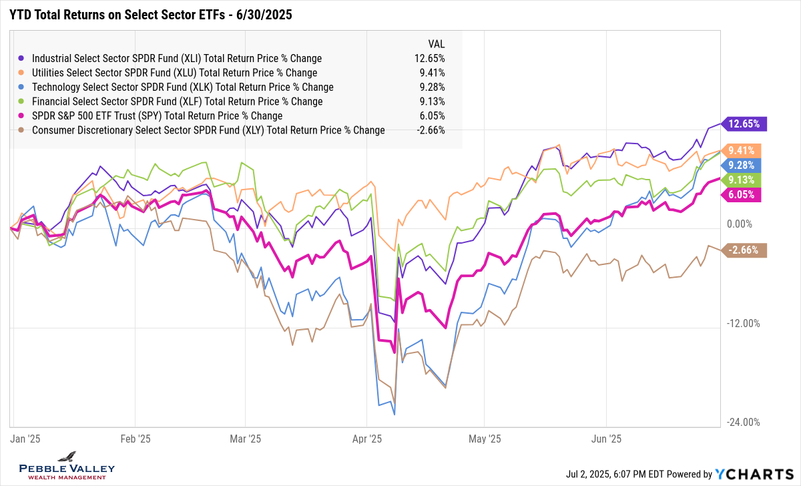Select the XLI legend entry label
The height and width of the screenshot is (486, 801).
177,58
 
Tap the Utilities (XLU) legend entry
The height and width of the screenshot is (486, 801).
174,73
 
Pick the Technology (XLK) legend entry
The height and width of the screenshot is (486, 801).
182,87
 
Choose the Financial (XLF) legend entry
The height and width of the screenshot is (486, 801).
177,101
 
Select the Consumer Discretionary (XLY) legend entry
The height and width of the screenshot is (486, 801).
208,130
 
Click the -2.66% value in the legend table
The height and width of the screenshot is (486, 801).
430,130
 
